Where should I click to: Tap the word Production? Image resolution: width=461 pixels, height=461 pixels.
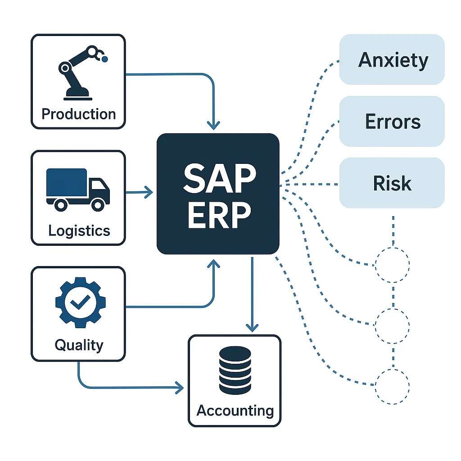click(78, 113)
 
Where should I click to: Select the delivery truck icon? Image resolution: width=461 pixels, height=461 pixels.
click(77, 189)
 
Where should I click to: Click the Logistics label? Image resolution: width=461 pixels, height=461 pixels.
click(79, 230)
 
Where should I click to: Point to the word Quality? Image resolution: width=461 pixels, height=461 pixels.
click(79, 345)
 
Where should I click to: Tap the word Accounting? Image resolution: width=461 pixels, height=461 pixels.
click(235, 411)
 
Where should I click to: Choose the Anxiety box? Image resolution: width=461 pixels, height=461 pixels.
click(392, 59)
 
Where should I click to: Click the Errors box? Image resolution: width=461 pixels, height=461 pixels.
click(392, 121)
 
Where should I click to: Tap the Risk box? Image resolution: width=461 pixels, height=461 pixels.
click(392, 183)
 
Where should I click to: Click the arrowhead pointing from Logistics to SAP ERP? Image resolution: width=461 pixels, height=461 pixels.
click(149, 193)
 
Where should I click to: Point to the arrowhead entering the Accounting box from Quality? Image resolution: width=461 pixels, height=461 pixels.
click(181, 387)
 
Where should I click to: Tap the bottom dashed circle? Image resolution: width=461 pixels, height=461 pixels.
click(392, 386)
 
